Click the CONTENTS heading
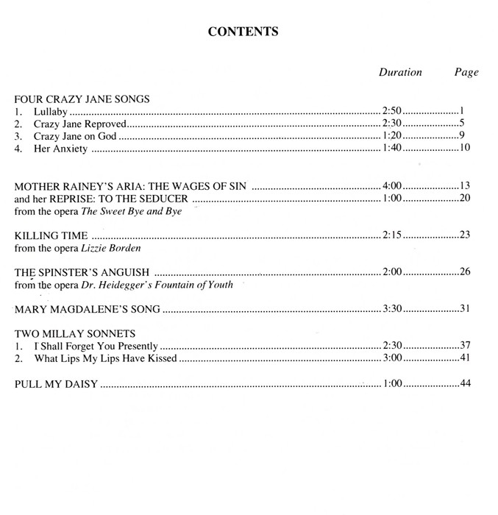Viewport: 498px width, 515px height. pos(243,32)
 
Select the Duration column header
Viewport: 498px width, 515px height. pos(400,72)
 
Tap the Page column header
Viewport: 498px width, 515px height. pos(466,72)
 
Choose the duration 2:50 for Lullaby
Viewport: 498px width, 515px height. pos(392,111)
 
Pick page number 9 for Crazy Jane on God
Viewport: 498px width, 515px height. pos(463,136)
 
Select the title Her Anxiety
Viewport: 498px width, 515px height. pos(61,149)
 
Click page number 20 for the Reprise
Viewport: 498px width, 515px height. pos(464,199)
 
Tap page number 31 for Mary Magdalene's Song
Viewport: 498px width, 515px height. pos(464,308)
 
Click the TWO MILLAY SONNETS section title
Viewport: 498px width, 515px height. pos(74,333)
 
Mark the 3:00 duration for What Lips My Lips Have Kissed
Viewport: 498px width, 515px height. pos(392,358)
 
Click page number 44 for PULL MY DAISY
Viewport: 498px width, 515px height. pos(464,383)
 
